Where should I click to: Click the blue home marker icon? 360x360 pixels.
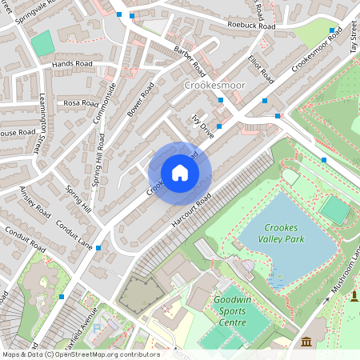[180, 173]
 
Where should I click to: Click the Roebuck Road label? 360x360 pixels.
[250, 26]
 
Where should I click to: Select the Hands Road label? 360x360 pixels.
[72, 63]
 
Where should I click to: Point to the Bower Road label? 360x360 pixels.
[139, 98]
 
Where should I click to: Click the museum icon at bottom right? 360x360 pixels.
[306, 342]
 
